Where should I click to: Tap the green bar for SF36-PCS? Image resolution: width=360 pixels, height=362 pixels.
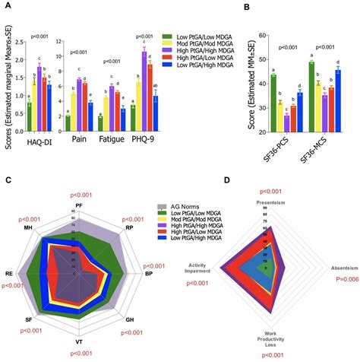pyautogui.click(x=273, y=98)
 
